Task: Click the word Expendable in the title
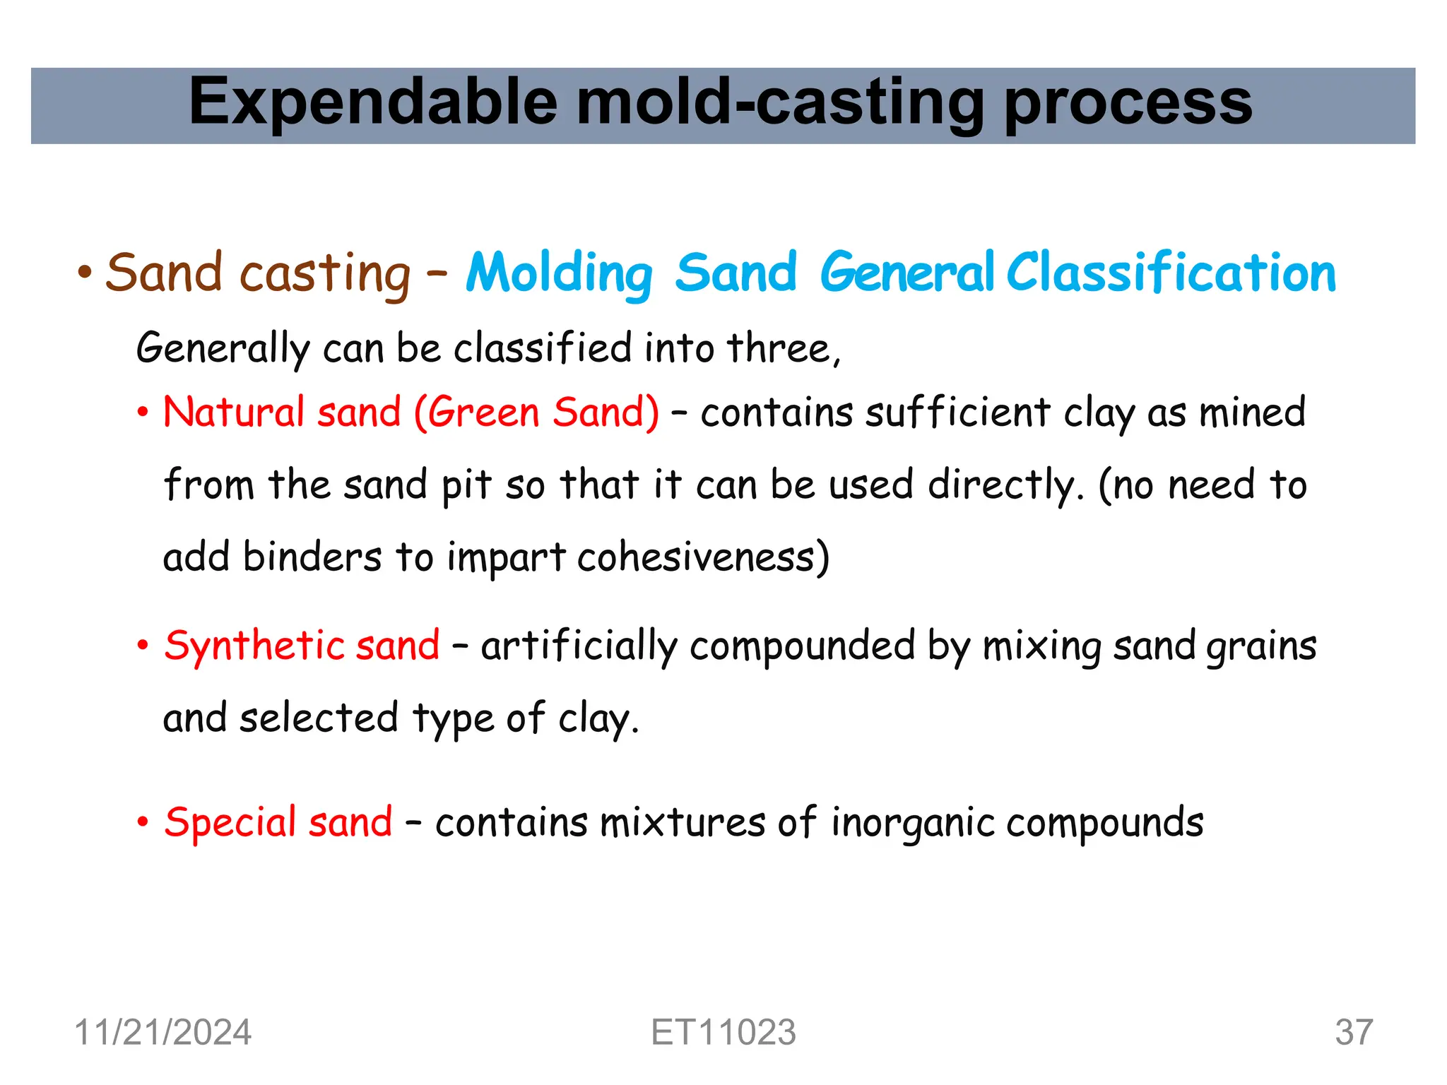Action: (x=373, y=103)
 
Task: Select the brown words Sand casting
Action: (x=258, y=273)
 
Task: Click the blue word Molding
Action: (x=559, y=274)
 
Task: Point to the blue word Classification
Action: (x=1170, y=273)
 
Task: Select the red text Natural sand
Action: (x=281, y=413)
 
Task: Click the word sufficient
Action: (x=957, y=413)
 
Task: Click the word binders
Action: (x=312, y=558)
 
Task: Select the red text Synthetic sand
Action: (x=302, y=646)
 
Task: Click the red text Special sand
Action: (x=278, y=823)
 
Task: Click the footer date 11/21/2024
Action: (x=163, y=1033)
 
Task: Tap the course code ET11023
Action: (x=723, y=1033)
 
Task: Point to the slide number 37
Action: (x=1353, y=1033)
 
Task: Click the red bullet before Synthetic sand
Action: (x=143, y=646)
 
